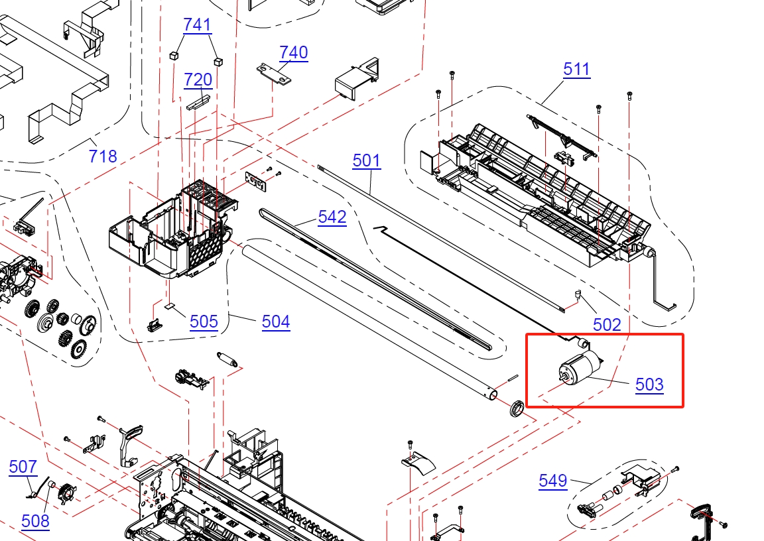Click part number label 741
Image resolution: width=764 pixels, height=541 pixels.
click(x=198, y=25)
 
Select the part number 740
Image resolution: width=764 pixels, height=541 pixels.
click(x=293, y=52)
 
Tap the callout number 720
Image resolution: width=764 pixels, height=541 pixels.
click(x=198, y=80)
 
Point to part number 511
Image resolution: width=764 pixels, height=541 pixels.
click(x=577, y=69)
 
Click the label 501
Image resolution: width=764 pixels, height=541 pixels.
click(x=366, y=160)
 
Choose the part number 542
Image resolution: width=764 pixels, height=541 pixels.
click(x=332, y=217)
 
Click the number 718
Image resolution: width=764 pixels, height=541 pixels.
click(x=103, y=156)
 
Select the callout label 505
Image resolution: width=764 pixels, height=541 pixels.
click(x=204, y=322)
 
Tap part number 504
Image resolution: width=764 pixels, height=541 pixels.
click(x=276, y=322)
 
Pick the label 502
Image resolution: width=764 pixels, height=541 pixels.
click(x=607, y=324)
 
